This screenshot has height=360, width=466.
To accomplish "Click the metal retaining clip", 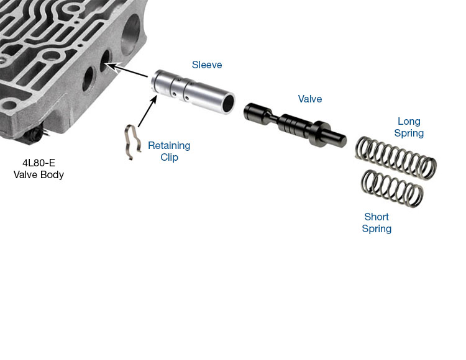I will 130,142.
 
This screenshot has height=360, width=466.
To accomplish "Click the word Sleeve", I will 207,65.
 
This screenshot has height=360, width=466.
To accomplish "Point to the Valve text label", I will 310,99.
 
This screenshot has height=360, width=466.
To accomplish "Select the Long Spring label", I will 409,127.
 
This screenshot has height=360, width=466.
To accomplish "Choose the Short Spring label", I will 377,223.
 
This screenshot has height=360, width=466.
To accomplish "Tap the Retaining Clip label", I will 169,151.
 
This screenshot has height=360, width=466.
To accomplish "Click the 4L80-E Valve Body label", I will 39,169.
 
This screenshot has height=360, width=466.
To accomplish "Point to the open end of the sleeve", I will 228,102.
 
